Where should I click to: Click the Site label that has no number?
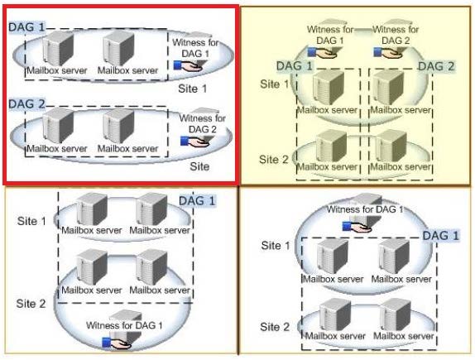tap(199, 166)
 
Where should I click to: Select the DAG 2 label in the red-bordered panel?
tap(26, 104)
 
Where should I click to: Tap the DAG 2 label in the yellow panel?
tap(436, 66)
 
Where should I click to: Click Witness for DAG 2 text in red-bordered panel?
tap(203, 123)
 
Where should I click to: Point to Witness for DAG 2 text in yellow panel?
tap(396, 35)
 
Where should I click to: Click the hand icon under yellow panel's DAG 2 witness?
tap(388, 52)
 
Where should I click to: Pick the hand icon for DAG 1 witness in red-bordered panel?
tap(188, 65)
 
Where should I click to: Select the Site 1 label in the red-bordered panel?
tap(192, 89)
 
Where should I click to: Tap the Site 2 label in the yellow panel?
tap(274, 160)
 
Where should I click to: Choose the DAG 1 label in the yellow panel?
tap(295, 65)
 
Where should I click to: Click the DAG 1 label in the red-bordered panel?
tap(26, 27)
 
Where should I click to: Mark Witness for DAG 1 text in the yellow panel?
tap(330, 35)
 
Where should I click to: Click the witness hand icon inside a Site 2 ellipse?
tap(117, 343)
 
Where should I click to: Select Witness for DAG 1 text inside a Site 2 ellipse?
tap(124, 325)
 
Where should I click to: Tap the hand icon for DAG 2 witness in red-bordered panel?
tap(194, 142)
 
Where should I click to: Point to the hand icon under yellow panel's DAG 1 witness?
tap(322, 52)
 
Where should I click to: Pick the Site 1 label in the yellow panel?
tap(275, 84)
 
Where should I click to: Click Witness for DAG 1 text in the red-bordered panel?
tap(195, 48)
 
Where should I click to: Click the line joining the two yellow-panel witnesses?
tap(363, 30)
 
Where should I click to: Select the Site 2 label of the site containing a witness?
tap(31, 304)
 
